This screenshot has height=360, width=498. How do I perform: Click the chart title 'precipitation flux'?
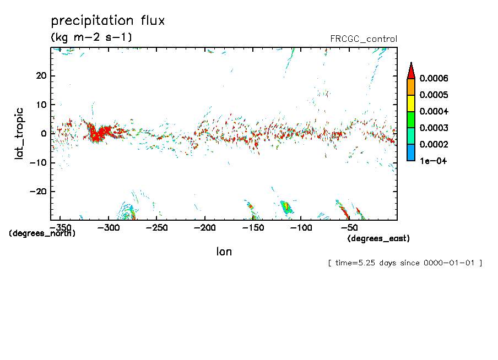coord(108,21)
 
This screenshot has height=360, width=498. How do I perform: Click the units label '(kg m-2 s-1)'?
coord(91,37)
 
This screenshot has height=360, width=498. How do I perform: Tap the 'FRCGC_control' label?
coord(363,39)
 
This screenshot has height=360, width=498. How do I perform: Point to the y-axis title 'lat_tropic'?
coord(19,133)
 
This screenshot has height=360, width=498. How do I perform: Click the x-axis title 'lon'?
coord(224,252)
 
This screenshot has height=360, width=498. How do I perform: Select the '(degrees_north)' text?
coord(42,233)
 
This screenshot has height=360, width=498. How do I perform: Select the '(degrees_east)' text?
coord(378,238)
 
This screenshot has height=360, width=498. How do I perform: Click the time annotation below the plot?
coord(405,263)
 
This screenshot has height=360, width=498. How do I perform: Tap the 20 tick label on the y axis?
coord(41,75)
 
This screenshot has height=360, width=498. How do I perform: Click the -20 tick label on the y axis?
coord(37,191)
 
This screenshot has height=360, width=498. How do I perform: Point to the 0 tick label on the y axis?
coord(44,133)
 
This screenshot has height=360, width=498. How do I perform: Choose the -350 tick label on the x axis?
coord(60,227)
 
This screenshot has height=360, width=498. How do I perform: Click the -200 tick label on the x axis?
coord(204,227)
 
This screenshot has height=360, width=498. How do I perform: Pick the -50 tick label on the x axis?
coord(349,227)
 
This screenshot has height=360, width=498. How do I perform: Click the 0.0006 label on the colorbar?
coord(434,78)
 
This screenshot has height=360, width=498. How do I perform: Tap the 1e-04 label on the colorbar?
coord(433,161)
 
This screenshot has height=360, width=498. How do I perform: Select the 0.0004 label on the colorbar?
coord(434,112)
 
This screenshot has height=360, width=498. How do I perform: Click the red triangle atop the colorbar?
coord(410,70)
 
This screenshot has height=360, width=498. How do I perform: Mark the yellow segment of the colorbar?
coord(410,103)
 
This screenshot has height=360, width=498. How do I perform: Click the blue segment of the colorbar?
coord(410,152)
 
